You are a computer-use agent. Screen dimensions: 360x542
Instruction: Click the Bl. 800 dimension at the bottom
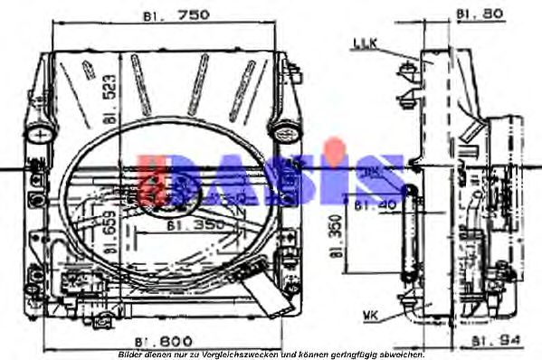click(163, 341)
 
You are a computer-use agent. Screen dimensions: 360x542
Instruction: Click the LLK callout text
click(365, 43)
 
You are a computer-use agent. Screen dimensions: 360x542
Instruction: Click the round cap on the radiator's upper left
click(42, 134)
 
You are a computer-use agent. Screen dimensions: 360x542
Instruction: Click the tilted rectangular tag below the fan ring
click(267, 288)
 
